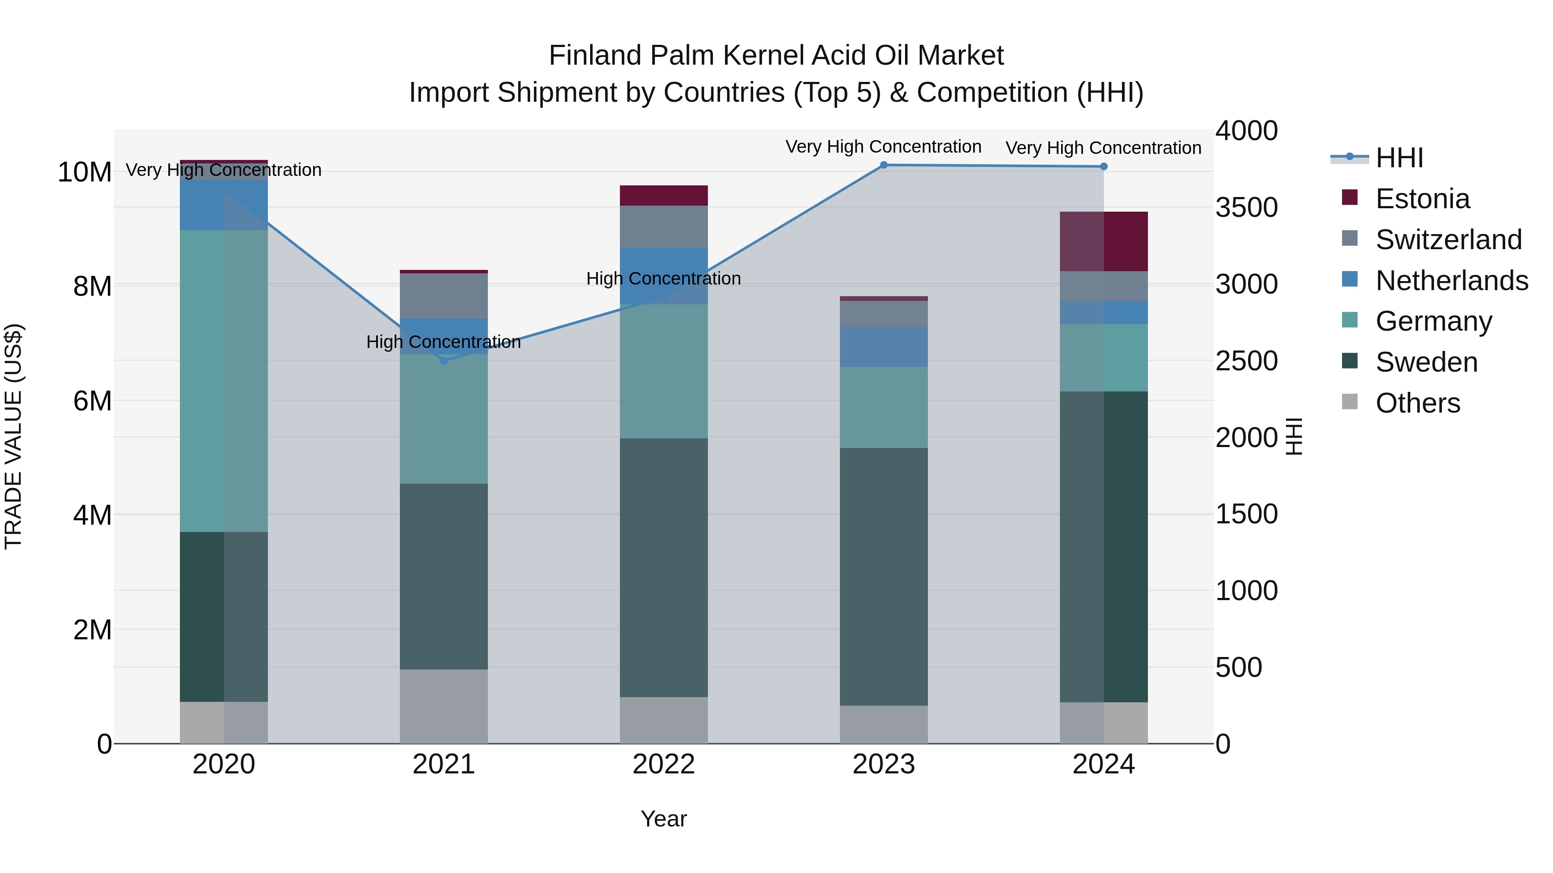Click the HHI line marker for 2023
884,165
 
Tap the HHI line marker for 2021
444,361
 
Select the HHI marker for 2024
1104,166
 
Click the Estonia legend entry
1422,199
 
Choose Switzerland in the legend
1448,240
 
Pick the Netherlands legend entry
1451,281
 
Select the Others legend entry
1418,403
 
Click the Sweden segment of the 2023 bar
884,576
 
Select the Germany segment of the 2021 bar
444,419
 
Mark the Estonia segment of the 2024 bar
1104,241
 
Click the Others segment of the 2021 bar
444,706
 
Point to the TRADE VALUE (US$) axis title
13,436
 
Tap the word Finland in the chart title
594,56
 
